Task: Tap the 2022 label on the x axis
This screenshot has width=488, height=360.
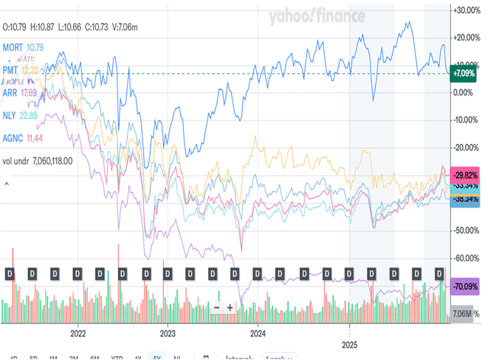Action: (x=78, y=333)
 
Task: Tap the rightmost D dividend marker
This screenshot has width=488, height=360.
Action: (x=439, y=272)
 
